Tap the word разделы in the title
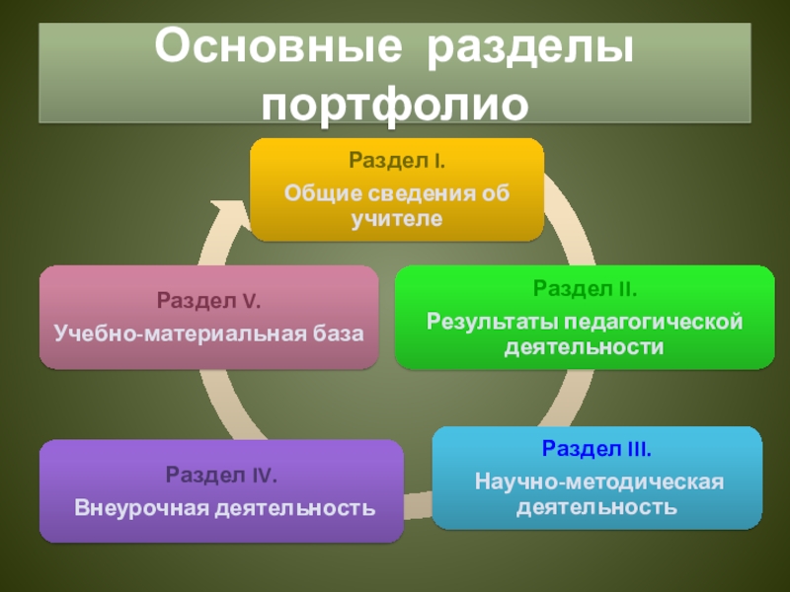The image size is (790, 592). coord(529,49)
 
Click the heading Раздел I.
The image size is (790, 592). coord(395,160)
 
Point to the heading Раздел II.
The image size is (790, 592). coord(585,289)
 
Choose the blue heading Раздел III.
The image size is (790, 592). coord(595,450)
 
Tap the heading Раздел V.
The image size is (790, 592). coord(208,300)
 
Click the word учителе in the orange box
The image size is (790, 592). coord(395,217)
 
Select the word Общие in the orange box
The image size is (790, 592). coord(316,191)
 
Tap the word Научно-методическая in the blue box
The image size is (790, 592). coord(598,481)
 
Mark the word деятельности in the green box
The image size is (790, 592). coord(585,347)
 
